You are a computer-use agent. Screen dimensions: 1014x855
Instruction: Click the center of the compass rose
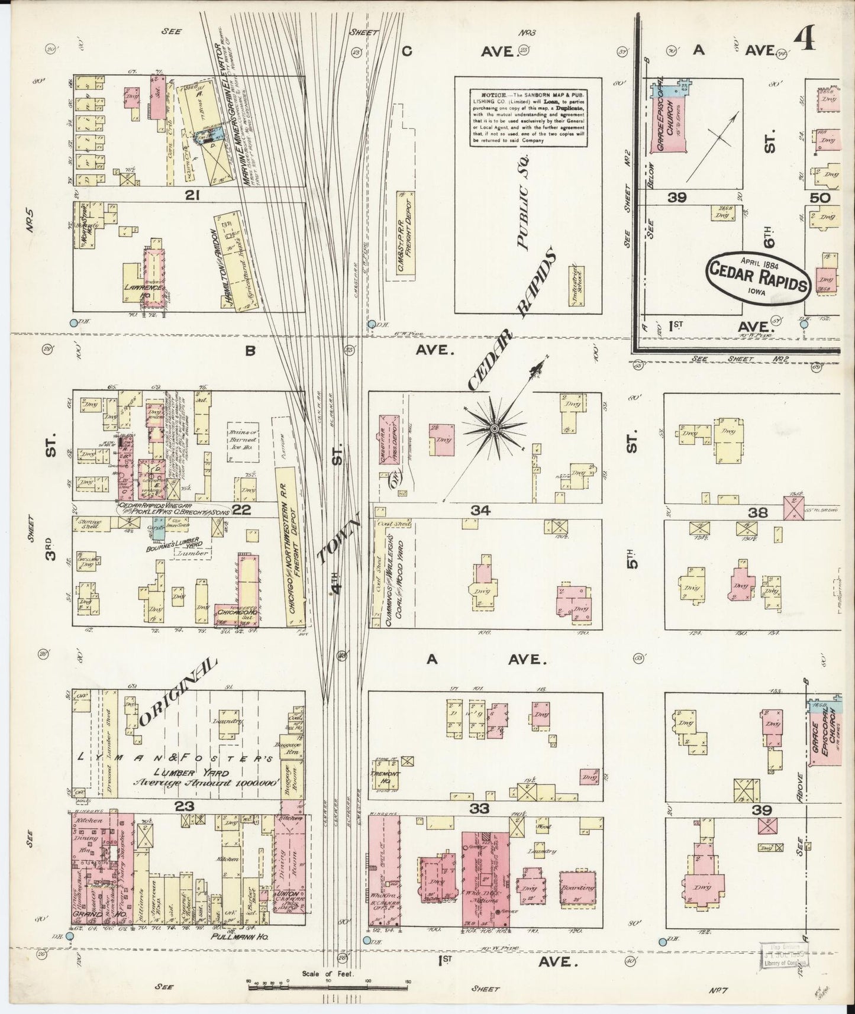pyautogui.click(x=493, y=427)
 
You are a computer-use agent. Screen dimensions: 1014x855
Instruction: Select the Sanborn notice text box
pyautogui.click(x=528, y=118)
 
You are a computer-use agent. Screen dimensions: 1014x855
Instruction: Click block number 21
pyautogui.click(x=191, y=195)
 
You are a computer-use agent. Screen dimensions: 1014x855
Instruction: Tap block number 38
pyautogui.click(x=757, y=512)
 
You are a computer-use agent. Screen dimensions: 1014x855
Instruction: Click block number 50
pyautogui.click(x=821, y=198)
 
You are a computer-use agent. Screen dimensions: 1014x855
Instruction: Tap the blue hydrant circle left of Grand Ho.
pyautogui.click(x=70, y=937)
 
